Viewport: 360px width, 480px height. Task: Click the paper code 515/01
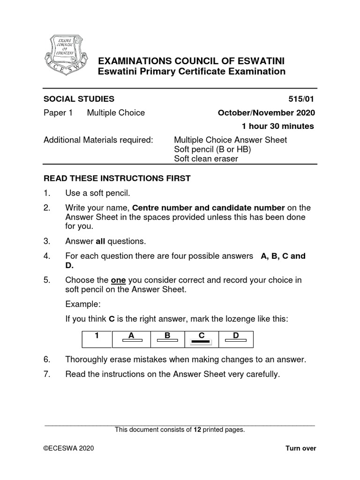(303, 99)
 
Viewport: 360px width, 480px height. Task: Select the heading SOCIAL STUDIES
(79, 99)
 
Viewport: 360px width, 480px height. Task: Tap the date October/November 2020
(266, 112)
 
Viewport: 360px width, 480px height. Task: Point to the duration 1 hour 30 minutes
(277, 126)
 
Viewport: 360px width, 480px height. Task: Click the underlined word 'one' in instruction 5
(118, 280)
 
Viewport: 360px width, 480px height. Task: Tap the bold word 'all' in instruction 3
(101, 241)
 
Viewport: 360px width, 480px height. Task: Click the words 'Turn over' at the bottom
(301, 449)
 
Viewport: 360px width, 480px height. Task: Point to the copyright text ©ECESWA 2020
(69, 449)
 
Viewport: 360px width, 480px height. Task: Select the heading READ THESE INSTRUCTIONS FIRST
(117, 178)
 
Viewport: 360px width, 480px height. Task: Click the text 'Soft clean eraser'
(206, 158)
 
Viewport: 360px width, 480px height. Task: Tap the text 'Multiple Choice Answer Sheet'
(230, 140)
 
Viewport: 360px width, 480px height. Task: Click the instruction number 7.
(46, 374)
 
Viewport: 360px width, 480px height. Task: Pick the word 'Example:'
(83, 304)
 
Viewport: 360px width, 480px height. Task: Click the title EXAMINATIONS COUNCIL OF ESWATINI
(190, 61)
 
